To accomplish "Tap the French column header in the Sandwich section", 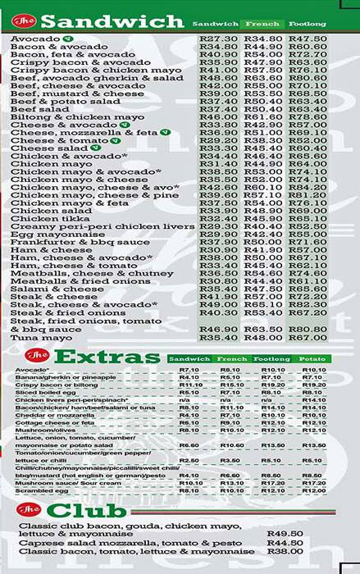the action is [264, 24].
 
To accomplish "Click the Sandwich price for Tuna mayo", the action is [219, 337].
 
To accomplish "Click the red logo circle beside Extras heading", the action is [35, 355].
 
